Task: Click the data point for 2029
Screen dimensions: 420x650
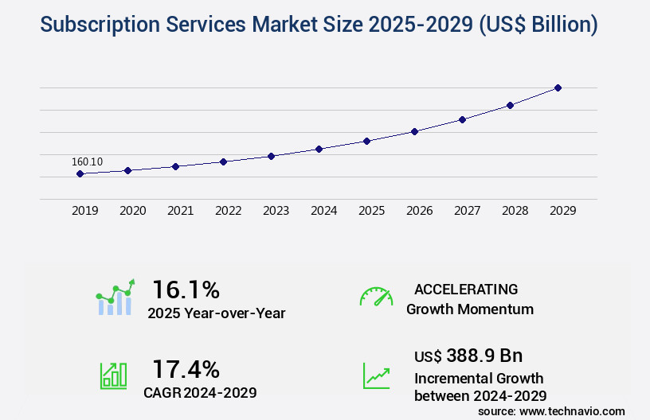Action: coord(558,87)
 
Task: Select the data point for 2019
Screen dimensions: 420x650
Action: coord(80,173)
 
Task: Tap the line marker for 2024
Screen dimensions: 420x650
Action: coord(319,149)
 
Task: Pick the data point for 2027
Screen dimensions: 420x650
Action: coord(462,119)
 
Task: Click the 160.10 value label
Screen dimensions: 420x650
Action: coord(87,161)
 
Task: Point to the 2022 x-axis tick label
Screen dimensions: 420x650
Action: coord(228,211)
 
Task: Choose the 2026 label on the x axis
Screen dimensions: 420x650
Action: coord(419,211)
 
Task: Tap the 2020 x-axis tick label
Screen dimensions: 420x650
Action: coord(132,211)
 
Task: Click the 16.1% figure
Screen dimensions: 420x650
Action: coord(186,289)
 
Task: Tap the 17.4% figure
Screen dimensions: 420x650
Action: coord(186,369)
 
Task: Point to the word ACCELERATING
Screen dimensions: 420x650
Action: coord(466,289)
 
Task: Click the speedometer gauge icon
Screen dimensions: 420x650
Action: coord(376,296)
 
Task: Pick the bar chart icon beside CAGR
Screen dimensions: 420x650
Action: coord(113,375)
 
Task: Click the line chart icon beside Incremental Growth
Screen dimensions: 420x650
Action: coord(376,375)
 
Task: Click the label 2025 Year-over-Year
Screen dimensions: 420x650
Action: coord(216,313)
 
